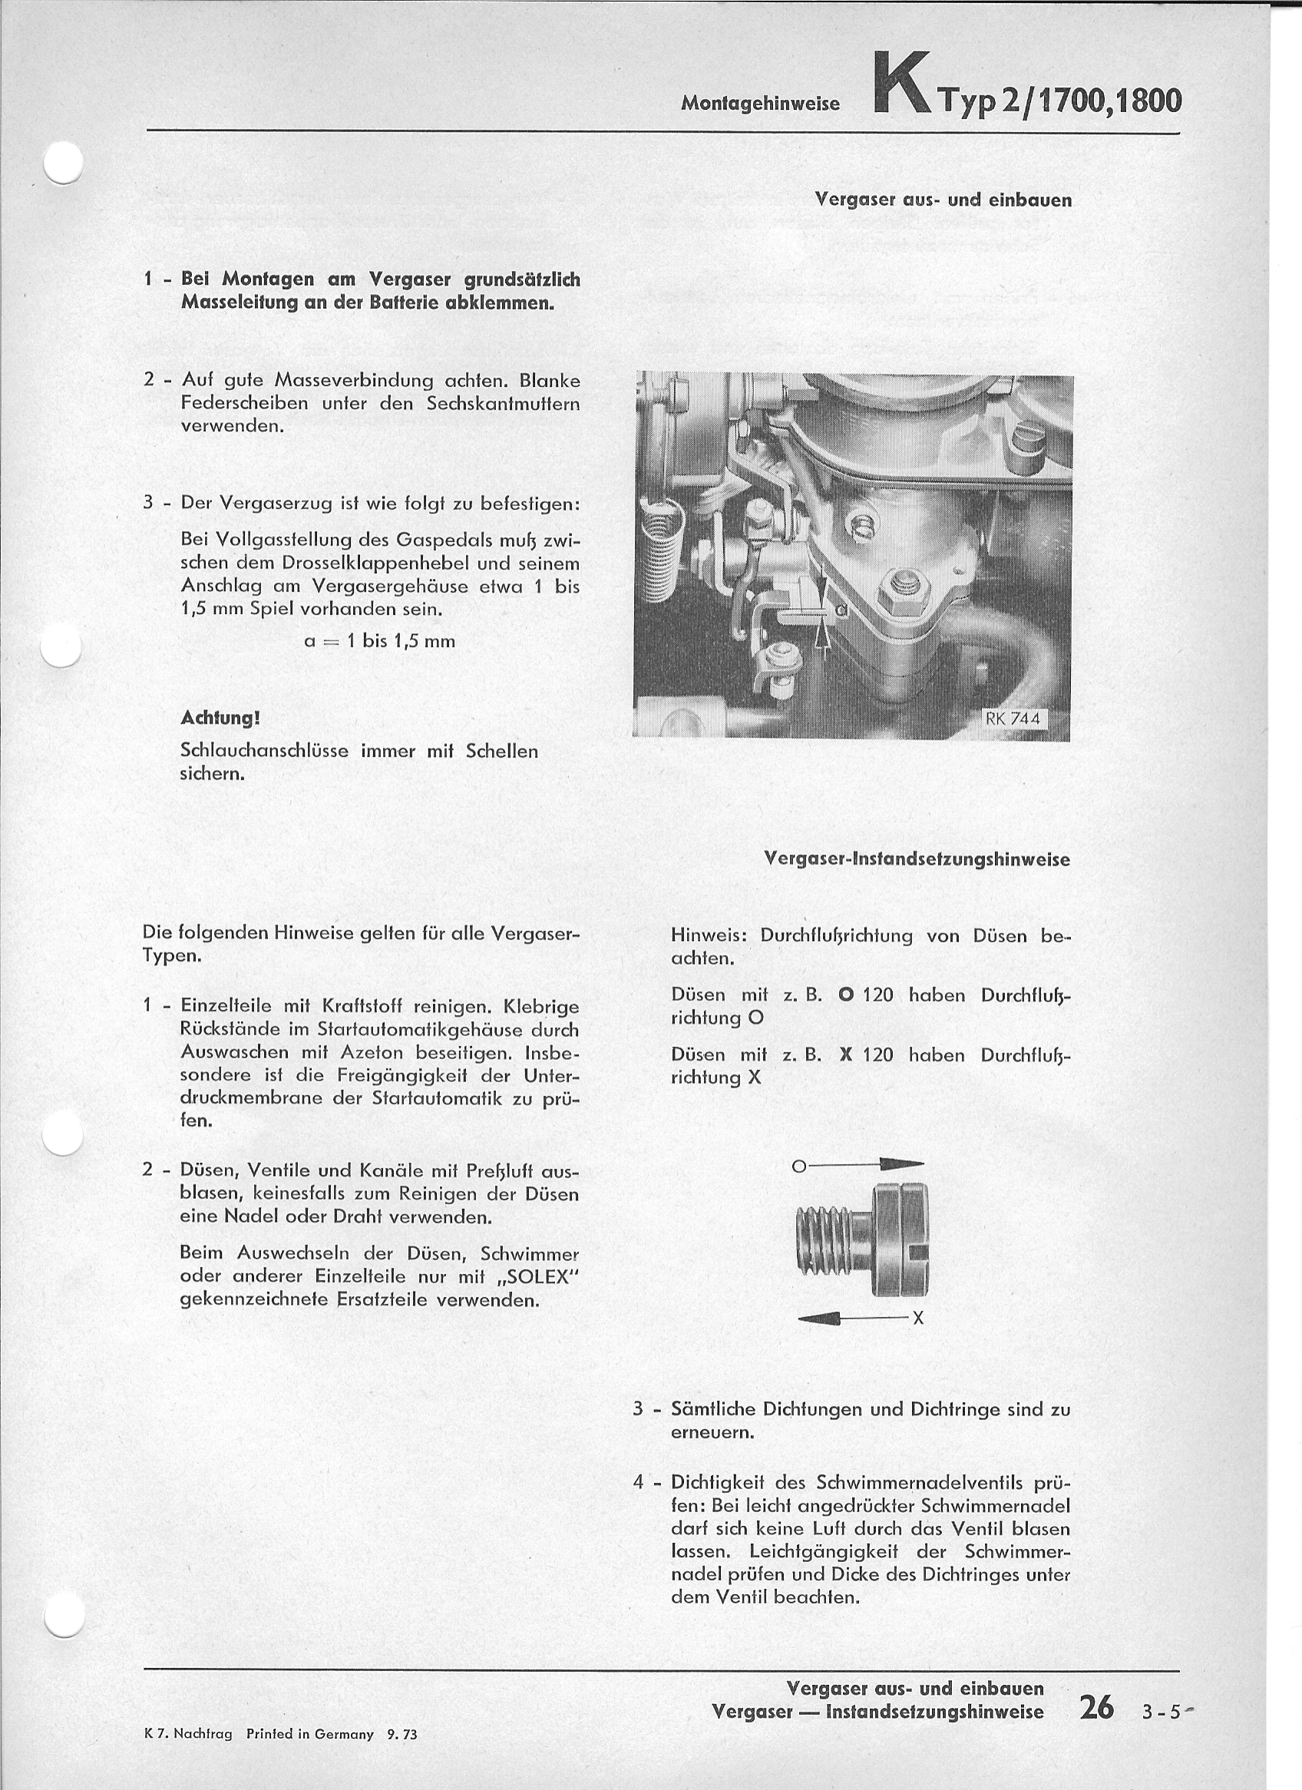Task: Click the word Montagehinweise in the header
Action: (x=760, y=104)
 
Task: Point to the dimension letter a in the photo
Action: (x=840, y=609)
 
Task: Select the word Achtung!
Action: (x=220, y=719)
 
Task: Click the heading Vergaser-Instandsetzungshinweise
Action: (x=917, y=860)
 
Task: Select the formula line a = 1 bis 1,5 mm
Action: (x=380, y=641)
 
